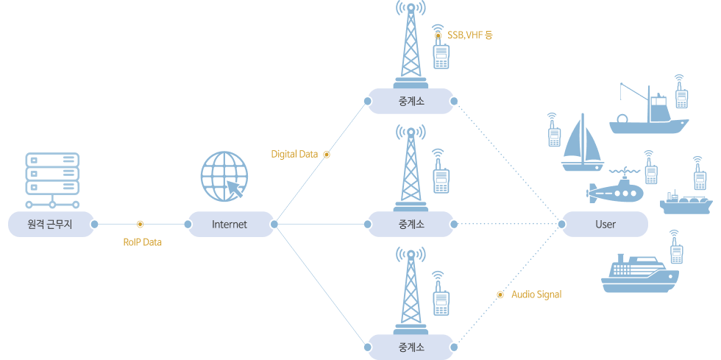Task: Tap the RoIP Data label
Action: pyautogui.click(x=142, y=241)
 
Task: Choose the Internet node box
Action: pyautogui.click(x=230, y=224)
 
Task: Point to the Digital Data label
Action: pyautogui.click(x=294, y=155)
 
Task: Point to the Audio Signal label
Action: pyautogui.click(x=536, y=294)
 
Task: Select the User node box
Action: pyautogui.click(x=605, y=224)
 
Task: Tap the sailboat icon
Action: pyautogui.click(x=582, y=145)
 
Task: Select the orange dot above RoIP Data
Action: pyautogui.click(x=140, y=224)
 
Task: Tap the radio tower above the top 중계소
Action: pyautogui.click(x=409, y=46)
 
